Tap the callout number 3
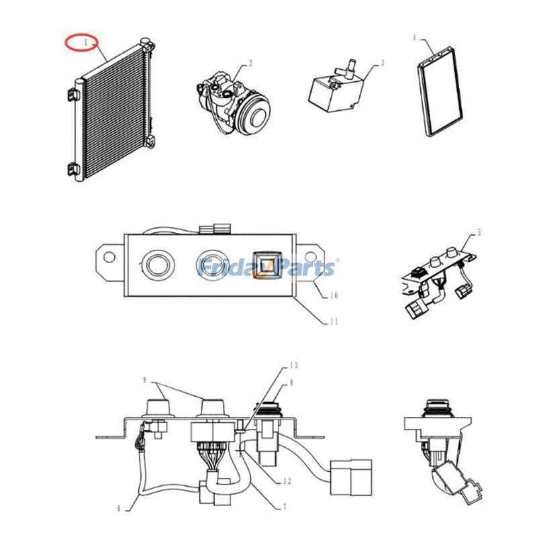pos(383,64)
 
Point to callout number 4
pos(415,38)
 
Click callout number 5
pos(479,233)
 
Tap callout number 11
pos(334,322)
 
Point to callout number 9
pos(144,381)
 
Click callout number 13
pos(293,366)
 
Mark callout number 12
pos(287,481)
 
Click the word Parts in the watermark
pos(305,268)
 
